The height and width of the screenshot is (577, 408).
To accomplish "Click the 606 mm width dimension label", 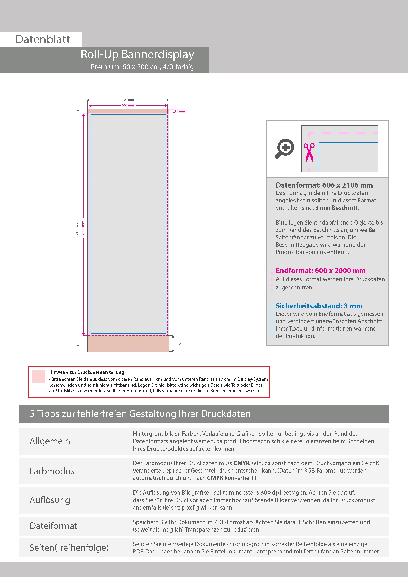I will [x=128, y=100].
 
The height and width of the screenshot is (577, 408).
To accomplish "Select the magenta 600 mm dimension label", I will [x=128, y=105].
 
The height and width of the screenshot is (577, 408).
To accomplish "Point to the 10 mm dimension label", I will [x=180, y=111].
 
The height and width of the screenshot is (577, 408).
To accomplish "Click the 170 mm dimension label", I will [x=181, y=344].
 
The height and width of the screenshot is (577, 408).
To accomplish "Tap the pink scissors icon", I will [x=309, y=152].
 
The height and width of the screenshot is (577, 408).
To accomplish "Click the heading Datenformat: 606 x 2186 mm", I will [x=324, y=185].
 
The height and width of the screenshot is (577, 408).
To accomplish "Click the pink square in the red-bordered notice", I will [x=39, y=376].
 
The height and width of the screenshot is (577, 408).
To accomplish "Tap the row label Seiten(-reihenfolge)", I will [x=69, y=547].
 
